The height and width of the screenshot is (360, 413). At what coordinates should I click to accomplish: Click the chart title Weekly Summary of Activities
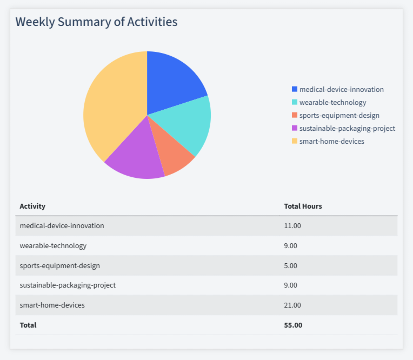tap(96, 22)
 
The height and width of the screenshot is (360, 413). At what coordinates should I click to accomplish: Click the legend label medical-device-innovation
tap(341, 89)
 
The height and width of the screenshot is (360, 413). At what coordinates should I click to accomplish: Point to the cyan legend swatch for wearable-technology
tap(295, 102)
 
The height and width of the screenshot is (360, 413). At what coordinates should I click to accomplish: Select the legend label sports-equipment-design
tap(339, 115)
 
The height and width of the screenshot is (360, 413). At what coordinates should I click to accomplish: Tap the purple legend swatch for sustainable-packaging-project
tap(295, 128)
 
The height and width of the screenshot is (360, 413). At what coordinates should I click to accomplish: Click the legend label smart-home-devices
tap(331, 141)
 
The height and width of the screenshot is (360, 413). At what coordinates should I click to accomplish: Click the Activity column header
tap(32, 206)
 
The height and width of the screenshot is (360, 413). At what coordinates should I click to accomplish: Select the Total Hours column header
tap(303, 206)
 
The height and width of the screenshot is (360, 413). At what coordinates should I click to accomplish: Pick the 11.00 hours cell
tap(292, 225)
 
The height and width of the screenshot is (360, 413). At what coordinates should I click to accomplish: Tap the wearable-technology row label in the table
tap(53, 245)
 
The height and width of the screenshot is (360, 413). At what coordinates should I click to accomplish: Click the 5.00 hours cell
tap(291, 265)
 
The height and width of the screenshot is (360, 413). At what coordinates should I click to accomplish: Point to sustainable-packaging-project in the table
tap(68, 285)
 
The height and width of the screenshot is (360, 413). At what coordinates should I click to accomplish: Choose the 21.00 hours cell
tap(292, 305)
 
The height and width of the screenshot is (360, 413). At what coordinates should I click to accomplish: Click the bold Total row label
tap(28, 325)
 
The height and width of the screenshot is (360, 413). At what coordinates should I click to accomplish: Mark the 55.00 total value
tap(293, 325)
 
